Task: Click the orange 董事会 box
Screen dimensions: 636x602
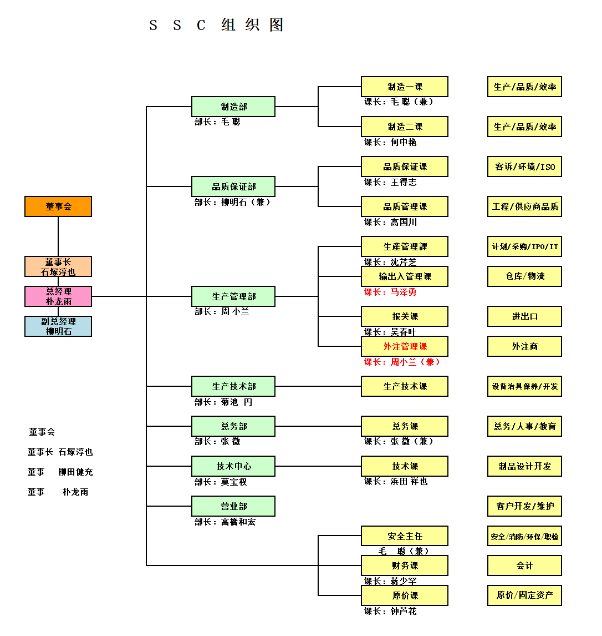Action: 58,206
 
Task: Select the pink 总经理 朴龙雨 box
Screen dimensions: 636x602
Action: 58,296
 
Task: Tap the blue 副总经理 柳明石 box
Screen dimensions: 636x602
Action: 58,326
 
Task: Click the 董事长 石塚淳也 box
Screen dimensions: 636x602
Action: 58,266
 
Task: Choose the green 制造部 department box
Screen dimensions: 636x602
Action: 233,107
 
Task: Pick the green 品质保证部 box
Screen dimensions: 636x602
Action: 233,186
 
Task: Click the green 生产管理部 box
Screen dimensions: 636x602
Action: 233,296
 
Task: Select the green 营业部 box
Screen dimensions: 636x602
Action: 233,506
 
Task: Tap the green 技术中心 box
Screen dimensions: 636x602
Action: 233,466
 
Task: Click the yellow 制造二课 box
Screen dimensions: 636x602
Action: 405,127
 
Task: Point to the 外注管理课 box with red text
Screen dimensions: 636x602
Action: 405,346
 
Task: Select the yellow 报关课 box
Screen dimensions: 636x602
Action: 405,316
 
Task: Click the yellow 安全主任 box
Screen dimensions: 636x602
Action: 405,536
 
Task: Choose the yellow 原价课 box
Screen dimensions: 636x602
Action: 405,595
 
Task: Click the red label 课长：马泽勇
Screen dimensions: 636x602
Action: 390,292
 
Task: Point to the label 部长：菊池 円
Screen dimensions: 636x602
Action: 223,402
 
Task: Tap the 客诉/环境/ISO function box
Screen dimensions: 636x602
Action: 524,166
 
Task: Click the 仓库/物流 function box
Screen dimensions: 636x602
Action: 524,276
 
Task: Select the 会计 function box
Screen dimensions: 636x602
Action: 524,566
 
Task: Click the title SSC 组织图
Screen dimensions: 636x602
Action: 217,25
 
